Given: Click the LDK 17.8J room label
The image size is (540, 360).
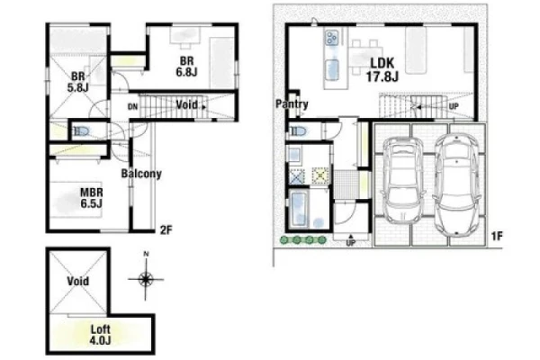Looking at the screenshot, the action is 382,70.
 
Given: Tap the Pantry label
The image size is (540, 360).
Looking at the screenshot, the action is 292,104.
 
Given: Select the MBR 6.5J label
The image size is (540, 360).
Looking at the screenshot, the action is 91,198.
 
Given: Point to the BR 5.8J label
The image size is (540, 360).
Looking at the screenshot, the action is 77,82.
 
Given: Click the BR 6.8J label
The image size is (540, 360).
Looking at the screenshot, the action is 186,67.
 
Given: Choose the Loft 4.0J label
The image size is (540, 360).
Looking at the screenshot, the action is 100,335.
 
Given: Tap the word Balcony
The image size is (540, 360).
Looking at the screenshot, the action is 141,174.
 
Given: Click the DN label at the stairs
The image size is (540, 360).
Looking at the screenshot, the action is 132,107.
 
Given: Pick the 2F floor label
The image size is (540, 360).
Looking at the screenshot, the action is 166,229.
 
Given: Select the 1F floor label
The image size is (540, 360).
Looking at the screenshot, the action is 497,237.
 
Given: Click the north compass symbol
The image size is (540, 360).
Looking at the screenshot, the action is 146,276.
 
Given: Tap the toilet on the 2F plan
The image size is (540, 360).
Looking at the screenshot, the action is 80,131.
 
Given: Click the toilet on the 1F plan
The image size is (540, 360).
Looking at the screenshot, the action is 298,131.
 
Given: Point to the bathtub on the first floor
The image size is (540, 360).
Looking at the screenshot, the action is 299,210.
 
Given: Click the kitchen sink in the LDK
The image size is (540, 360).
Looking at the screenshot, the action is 332,69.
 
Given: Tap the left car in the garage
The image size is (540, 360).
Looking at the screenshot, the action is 403,180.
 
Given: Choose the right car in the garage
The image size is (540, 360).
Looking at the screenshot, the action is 456,184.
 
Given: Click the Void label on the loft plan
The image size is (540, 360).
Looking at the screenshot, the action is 78,281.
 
